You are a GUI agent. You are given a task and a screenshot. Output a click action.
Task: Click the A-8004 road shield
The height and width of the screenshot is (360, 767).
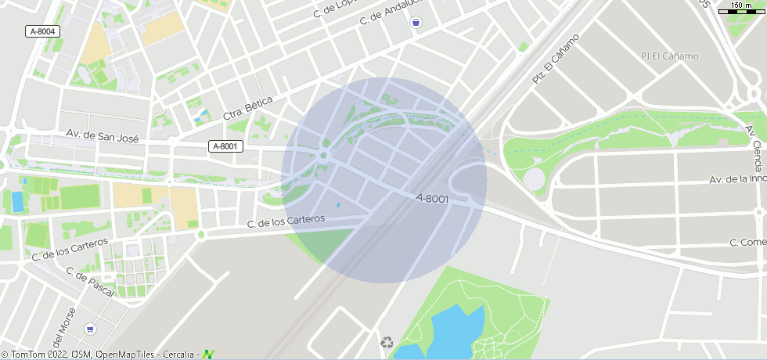coord(43,31)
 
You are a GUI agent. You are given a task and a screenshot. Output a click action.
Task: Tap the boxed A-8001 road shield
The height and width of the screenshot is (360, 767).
coord(226,146)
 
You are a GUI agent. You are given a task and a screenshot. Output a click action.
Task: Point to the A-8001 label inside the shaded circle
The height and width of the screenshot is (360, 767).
coord(432,199)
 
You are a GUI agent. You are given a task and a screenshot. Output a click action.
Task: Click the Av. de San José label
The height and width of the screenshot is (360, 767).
coord(103,137)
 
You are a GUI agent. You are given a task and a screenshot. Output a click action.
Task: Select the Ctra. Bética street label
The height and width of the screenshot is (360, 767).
coord(248,109)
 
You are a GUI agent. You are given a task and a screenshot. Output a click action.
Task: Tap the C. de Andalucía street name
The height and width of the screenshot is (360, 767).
coord(391,13)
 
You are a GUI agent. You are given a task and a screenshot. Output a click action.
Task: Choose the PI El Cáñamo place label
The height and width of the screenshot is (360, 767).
coord(669,56)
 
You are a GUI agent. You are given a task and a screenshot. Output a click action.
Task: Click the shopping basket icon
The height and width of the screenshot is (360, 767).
coord(416,23)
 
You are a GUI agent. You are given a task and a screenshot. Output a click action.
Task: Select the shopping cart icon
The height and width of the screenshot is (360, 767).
coord(91,329)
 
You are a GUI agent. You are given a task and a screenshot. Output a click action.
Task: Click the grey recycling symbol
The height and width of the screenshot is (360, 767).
coord(387,343)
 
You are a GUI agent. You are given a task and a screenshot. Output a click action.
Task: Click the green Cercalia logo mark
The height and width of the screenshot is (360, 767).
coord(208,355)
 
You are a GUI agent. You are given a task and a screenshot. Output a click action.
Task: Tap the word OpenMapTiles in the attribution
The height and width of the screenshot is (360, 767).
coord(128,355)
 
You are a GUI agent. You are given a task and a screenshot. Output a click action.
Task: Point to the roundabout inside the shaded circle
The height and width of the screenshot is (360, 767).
coord(322,155)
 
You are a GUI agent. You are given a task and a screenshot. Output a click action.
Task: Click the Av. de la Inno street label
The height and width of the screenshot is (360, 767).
coord(737,179)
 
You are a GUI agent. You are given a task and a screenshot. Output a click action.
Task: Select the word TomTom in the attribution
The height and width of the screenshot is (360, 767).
coord(26,355)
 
